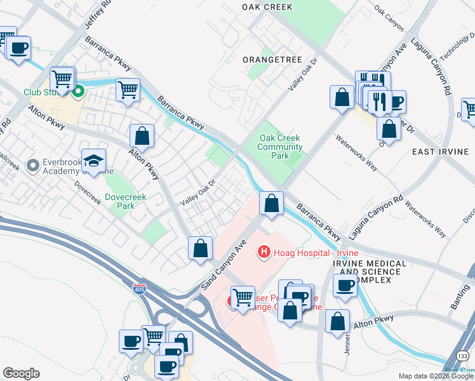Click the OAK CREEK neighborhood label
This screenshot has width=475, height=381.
point(267,7)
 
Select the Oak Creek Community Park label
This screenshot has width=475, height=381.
point(280,147)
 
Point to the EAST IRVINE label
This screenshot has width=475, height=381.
point(440,152)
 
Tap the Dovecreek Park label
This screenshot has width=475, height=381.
point(126,201)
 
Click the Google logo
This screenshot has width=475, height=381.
point(20,373)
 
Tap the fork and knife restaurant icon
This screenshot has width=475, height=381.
point(379,102)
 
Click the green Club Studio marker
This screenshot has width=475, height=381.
point(79,93)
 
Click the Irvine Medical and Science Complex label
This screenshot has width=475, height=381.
point(369,272)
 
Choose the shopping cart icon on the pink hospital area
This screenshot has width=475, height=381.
point(242,297)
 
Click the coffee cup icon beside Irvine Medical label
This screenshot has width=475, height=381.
point(345,286)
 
